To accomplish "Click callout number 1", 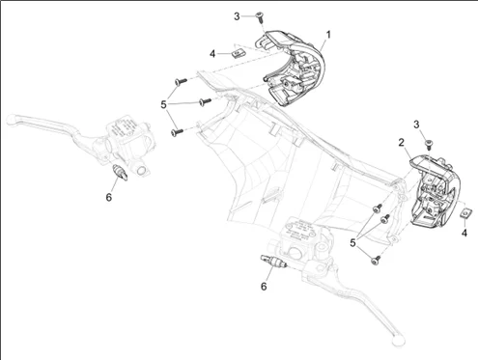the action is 328,35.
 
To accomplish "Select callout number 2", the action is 401,142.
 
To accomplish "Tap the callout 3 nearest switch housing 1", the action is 237,16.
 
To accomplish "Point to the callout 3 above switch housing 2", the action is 416,125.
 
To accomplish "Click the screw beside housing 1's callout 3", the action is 260,16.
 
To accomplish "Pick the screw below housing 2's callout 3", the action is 429,144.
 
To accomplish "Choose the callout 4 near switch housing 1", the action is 212,54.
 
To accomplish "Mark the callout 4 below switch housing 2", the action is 464,233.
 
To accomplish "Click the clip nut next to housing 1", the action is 237,53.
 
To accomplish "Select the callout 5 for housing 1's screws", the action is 163,104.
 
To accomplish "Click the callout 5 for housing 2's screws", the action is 353,243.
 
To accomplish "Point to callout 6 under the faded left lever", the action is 109,197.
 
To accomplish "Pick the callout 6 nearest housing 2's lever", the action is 264,286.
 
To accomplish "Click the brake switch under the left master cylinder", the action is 120,172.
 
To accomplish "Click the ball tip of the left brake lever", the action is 12,119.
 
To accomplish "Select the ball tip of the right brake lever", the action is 398,340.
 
